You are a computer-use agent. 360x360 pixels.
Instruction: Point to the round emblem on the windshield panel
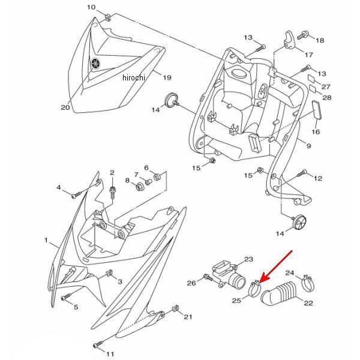coord(94,63)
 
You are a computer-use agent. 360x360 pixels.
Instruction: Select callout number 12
coord(318,178)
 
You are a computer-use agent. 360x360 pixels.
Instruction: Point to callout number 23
coord(248,260)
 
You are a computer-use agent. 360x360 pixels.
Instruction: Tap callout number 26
coord(191,283)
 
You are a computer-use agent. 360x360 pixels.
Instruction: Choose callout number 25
coord(236,299)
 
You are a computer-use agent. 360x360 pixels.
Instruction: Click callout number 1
coord(46,240)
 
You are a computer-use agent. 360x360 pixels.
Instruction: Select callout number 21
coord(188,317)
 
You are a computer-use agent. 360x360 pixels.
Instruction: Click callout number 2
coord(112,173)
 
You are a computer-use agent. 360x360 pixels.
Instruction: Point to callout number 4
coord(59,188)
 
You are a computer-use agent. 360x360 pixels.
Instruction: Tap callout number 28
coord(327,97)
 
